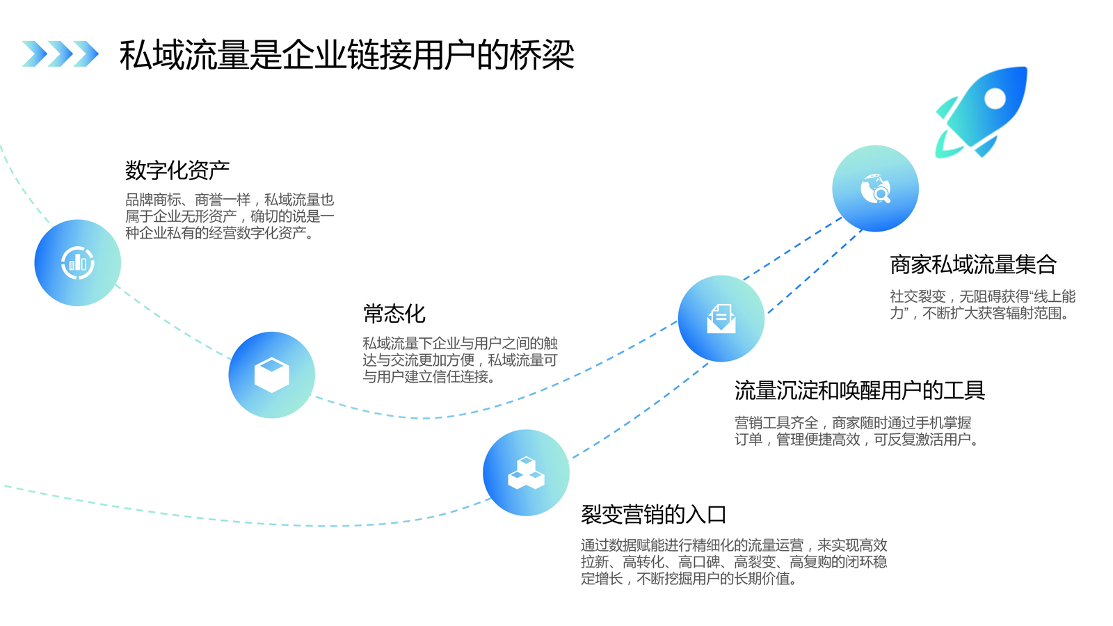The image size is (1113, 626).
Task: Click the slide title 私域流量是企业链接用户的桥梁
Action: click(x=346, y=55)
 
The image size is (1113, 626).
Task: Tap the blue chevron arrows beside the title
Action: click(x=60, y=54)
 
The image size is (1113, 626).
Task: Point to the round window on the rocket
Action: click(x=995, y=99)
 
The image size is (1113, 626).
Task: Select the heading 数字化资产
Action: click(x=177, y=170)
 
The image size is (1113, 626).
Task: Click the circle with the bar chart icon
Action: click(x=78, y=263)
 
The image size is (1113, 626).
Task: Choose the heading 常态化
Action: click(x=394, y=314)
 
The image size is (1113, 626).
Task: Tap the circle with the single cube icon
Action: click(x=271, y=375)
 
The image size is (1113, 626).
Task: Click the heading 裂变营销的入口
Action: click(x=653, y=515)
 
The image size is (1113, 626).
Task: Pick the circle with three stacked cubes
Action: click(x=526, y=473)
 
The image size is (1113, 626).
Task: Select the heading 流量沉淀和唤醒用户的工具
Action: click(x=859, y=391)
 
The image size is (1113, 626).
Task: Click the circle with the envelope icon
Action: click(x=721, y=319)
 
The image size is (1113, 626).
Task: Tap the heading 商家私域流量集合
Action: click(x=972, y=265)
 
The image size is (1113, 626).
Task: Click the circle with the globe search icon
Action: click(x=875, y=188)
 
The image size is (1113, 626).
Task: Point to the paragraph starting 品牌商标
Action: click(x=230, y=216)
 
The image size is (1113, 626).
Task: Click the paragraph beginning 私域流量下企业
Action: click(x=460, y=360)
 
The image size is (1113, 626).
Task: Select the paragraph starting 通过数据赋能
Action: click(x=734, y=561)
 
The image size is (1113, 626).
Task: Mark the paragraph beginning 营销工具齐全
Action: click(x=856, y=431)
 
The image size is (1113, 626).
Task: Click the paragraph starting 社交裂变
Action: click(x=982, y=305)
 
